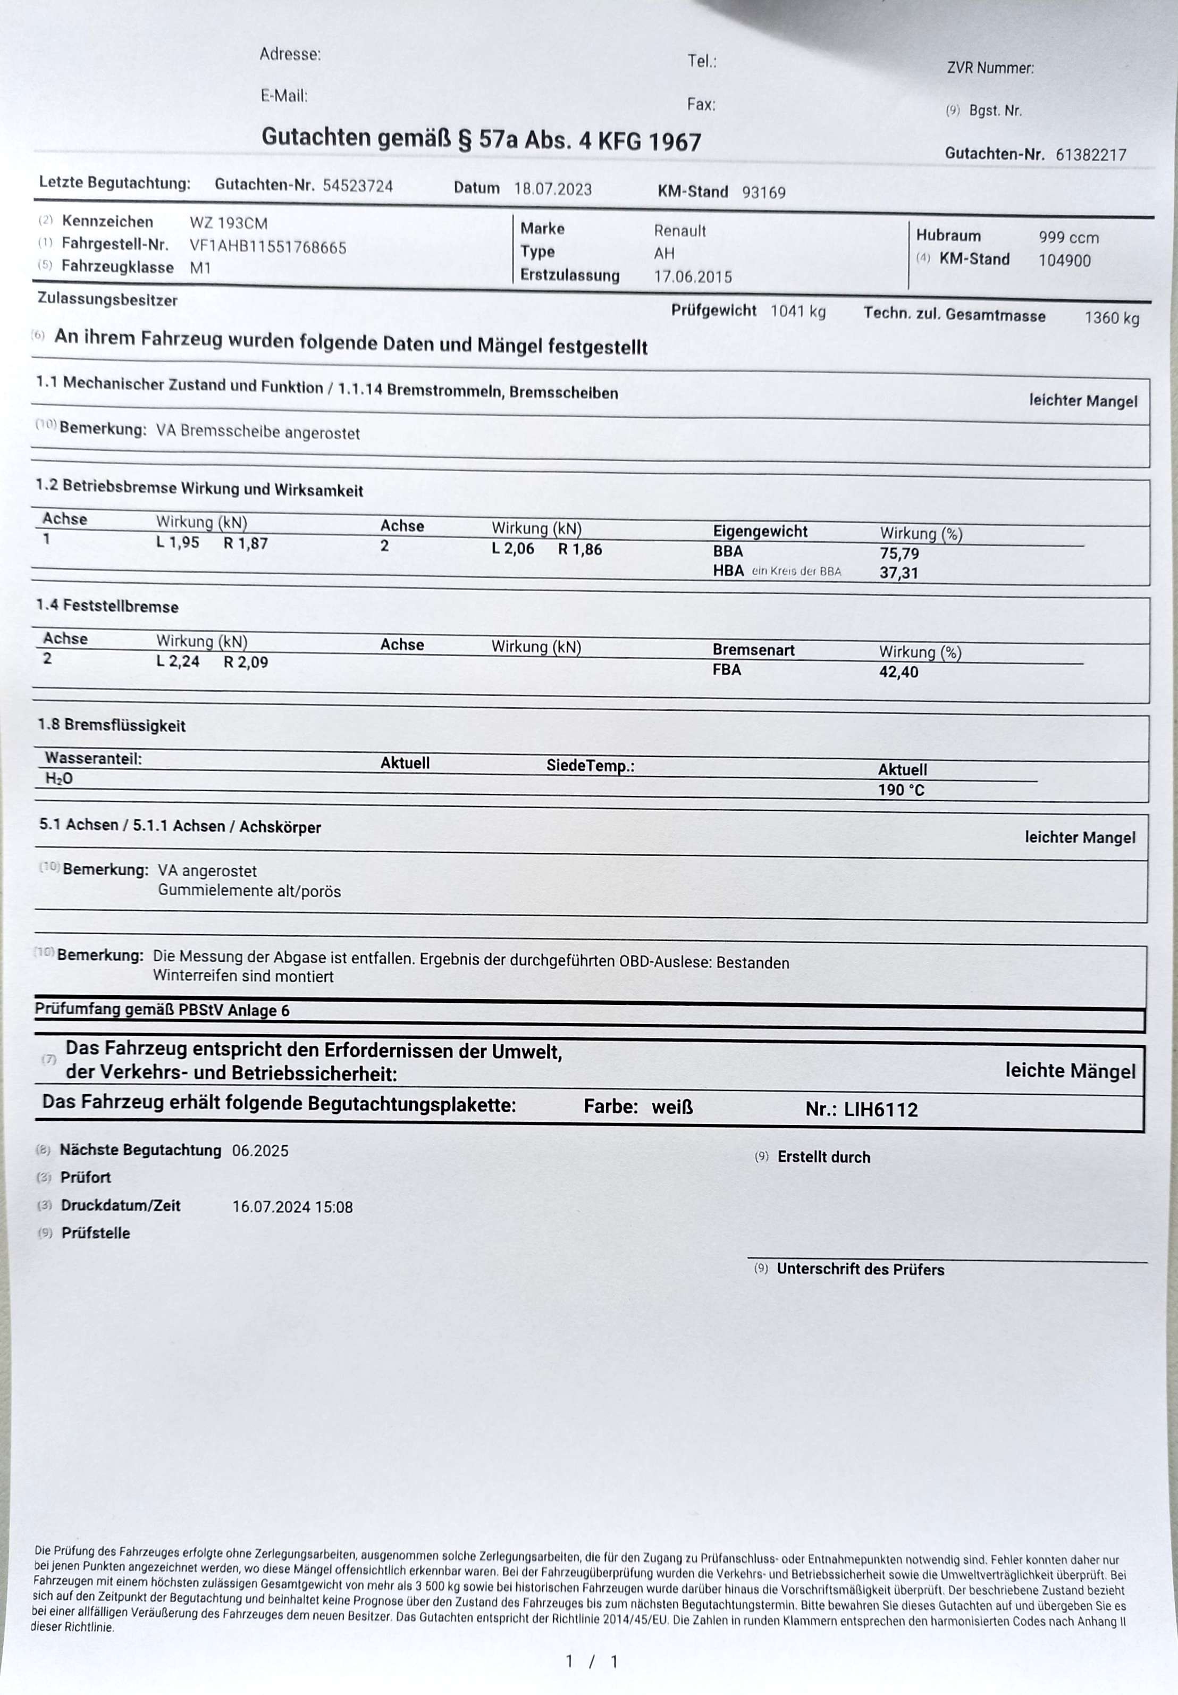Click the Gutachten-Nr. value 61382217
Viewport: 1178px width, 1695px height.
pos(1090,154)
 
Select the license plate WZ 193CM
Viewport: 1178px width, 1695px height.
pos(228,223)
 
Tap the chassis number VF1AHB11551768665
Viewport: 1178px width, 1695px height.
pos(267,247)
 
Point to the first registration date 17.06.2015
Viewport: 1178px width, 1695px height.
pos(692,277)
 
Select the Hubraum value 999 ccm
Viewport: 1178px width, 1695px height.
pos(1068,238)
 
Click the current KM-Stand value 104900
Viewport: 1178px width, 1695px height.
pos(1064,260)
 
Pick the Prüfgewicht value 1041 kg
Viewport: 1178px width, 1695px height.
pos(797,311)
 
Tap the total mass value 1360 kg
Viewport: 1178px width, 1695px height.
pos(1111,317)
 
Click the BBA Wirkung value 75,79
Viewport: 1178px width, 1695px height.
pos(898,553)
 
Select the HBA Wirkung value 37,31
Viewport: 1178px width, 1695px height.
pos(898,573)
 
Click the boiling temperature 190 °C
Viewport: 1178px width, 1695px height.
pos(901,790)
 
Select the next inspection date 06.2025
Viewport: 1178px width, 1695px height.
pos(260,1150)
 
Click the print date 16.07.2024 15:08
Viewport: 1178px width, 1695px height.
pos(292,1207)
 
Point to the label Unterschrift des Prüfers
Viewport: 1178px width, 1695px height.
pos(860,1269)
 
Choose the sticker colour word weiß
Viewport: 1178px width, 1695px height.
pos(672,1106)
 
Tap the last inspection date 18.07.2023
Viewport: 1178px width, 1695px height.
pos(552,189)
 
